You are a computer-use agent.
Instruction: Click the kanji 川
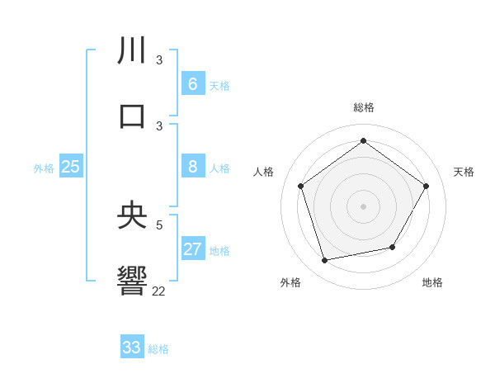pos(132,50)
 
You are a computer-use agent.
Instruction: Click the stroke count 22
pos(158,291)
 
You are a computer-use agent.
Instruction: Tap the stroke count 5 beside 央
pos(160,224)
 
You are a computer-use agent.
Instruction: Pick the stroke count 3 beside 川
pos(159,59)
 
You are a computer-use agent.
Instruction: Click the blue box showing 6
pos(193,84)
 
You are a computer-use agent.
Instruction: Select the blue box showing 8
pos(193,167)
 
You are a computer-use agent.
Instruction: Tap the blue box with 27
pos(193,249)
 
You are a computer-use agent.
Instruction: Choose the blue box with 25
pos(71,167)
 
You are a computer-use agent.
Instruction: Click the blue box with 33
pos(132,348)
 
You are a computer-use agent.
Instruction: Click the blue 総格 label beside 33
pos(158,349)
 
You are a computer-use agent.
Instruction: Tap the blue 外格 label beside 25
pos(44,168)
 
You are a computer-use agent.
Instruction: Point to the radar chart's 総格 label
pos(364,107)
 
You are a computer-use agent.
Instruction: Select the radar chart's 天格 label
pos(464,172)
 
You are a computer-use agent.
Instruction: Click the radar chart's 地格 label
pos(432,282)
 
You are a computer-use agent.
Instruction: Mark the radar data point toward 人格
pos(301,186)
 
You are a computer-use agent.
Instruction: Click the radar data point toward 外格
pos(325,260)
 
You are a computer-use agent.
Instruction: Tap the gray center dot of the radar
pos(364,206)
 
